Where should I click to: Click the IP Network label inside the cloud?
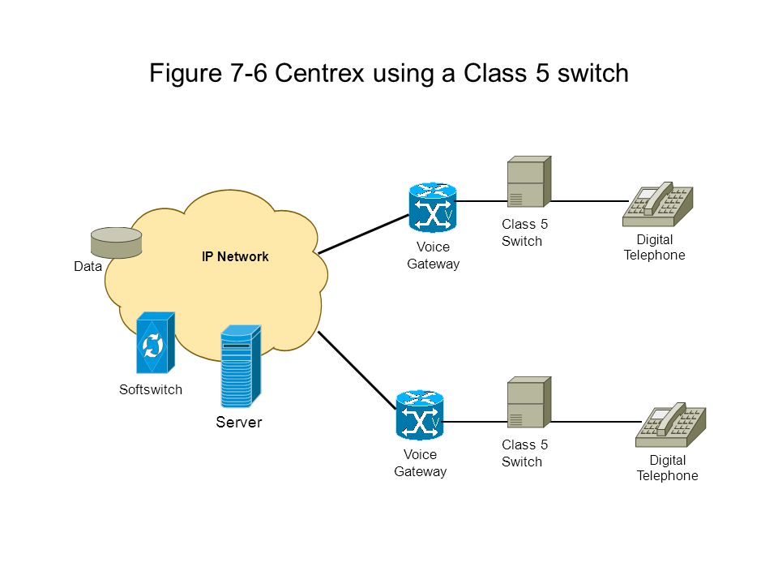pyautogui.click(x=235, y=257)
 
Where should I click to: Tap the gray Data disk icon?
pyautogui.click(x=116, y=243)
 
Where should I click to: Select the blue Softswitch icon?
pyautogui.click(x=156, y=342)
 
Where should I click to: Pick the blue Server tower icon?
pyautogui.click(x=241, y=366)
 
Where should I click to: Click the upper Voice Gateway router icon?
pyautogui.click(x=433, y=207)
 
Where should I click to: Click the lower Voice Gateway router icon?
pyautogui.click(x=420, y=414)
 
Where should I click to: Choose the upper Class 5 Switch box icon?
pyautogui.click(x=529, y=181)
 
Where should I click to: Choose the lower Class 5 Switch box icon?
pyautogui.click(x=529, y=402)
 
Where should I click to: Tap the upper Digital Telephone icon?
pyautogui.click(x=658, y=204)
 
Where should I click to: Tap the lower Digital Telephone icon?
pyautogui.click(x=671, y=425)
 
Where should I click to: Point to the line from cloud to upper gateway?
pyautogui.click(x=364, y=234)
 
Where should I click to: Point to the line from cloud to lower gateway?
pyautogui.click(x=357, y=371)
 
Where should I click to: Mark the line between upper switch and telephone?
pyautogui.click(x=589, y=201)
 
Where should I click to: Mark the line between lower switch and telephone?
pyautogui.click(x=596, y=422)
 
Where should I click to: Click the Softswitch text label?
pyautogui.click(x=151, y=389)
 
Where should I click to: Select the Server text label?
pyautogui.click(x=238, y=422)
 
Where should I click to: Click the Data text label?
pyautogui.click(x=88, y=267)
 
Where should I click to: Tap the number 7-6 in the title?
pyautogui.click(x=248, y=74)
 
